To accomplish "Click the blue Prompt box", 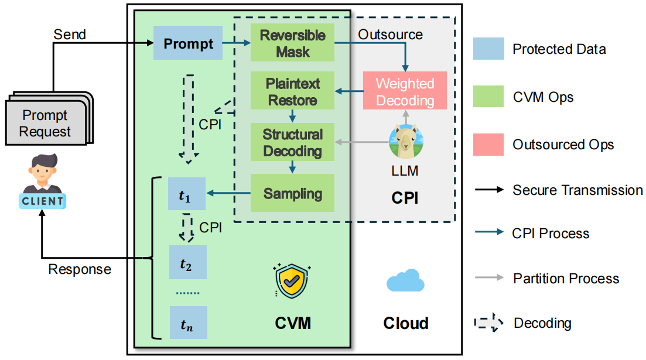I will [x=187, y=43].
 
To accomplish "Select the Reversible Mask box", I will [x=292, y=43].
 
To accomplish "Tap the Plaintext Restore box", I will [x=292, y=91].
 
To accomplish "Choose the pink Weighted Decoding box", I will [x=405, y=91].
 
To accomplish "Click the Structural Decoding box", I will [x=292, y=142].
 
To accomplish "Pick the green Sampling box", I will [x=292, y=193].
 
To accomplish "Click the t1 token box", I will [x=187, y=194].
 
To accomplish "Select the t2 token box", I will [x=187, y=263].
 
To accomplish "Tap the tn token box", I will [x=187, y=323].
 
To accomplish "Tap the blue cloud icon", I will [x=405, y=280].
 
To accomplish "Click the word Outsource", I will [x=390, y=35].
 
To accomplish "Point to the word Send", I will [x=70, y=35].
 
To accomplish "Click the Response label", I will [x=80, y=269].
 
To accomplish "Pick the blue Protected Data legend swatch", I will [x=488, y=49].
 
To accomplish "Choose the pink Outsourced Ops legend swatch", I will [x=488, y=144].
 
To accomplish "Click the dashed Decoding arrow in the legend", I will [x=488, y=323].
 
